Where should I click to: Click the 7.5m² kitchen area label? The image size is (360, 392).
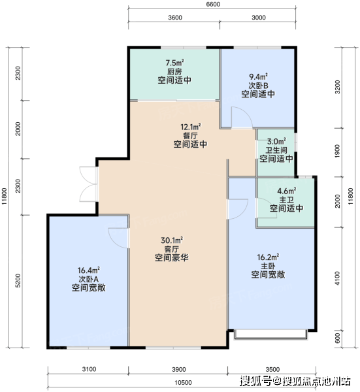pos(174,63)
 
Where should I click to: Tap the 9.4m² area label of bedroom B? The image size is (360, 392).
pos(258,76)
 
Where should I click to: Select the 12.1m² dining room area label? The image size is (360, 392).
pos(191,127)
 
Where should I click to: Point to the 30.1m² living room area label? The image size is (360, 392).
pos(172,240)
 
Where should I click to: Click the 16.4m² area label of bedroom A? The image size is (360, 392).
pos(88,270)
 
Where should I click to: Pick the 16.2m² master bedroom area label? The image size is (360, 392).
pos(268,257)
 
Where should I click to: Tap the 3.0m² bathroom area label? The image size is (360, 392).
pos(276,142)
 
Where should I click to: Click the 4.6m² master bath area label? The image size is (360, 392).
pos(287,191)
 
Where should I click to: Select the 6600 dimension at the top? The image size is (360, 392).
pos(213,5)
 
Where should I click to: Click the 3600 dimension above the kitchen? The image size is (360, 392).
pos(175,18)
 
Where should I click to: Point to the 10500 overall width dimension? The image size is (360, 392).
pos(183,382)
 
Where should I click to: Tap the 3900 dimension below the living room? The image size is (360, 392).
pos(179,369)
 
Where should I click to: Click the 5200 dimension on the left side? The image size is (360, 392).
pos(18,280)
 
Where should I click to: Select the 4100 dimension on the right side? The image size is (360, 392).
pos(337,278)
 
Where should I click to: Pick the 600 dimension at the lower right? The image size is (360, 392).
pos(337,338)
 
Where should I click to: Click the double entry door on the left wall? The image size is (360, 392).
pos(88,184)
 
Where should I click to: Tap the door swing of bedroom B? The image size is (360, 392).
pos(241,118)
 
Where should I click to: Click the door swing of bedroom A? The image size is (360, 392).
pos(119,238)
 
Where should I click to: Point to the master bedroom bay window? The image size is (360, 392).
pos(270,335)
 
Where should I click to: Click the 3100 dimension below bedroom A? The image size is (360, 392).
pos(89,369)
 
